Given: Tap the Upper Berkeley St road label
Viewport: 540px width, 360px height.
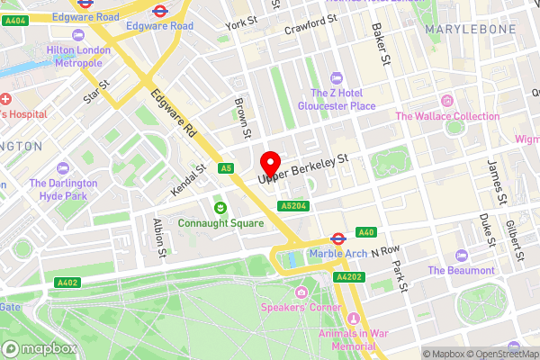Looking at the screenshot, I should coord(302,170).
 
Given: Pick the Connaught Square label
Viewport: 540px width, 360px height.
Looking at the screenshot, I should coord(220,222).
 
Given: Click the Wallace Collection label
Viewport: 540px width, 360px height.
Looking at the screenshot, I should coord(446,116).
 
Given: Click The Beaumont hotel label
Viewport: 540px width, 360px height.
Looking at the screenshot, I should coord(461,270).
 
